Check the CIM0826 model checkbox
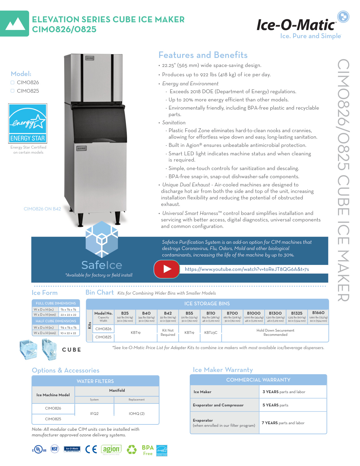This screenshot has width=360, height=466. (12, 82)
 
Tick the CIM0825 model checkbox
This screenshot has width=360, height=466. (12, 91)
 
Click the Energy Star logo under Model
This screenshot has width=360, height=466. (28, 123)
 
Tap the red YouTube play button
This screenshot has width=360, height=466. (167, 269)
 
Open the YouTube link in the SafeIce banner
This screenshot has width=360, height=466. (247, 269)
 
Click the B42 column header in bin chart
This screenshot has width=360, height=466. (168, 313)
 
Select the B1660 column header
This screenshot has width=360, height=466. (318, 313)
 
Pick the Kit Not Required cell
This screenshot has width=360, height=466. (168, 332)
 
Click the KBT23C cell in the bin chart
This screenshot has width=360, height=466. (211, 333)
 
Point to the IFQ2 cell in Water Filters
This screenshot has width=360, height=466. (94, 413)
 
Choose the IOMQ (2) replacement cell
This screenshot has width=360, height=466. (137, 413)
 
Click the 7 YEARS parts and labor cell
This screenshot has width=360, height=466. (283, 423)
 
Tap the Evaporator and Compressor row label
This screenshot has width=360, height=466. (218, 405)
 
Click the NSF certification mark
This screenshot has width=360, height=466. (54, 449)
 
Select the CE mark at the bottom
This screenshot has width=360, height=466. (91, 449)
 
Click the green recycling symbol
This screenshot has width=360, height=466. (131, 449)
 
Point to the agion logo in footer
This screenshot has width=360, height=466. (111, 449)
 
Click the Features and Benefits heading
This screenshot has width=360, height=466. (203, 55)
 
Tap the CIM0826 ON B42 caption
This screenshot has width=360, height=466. (42, 209)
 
